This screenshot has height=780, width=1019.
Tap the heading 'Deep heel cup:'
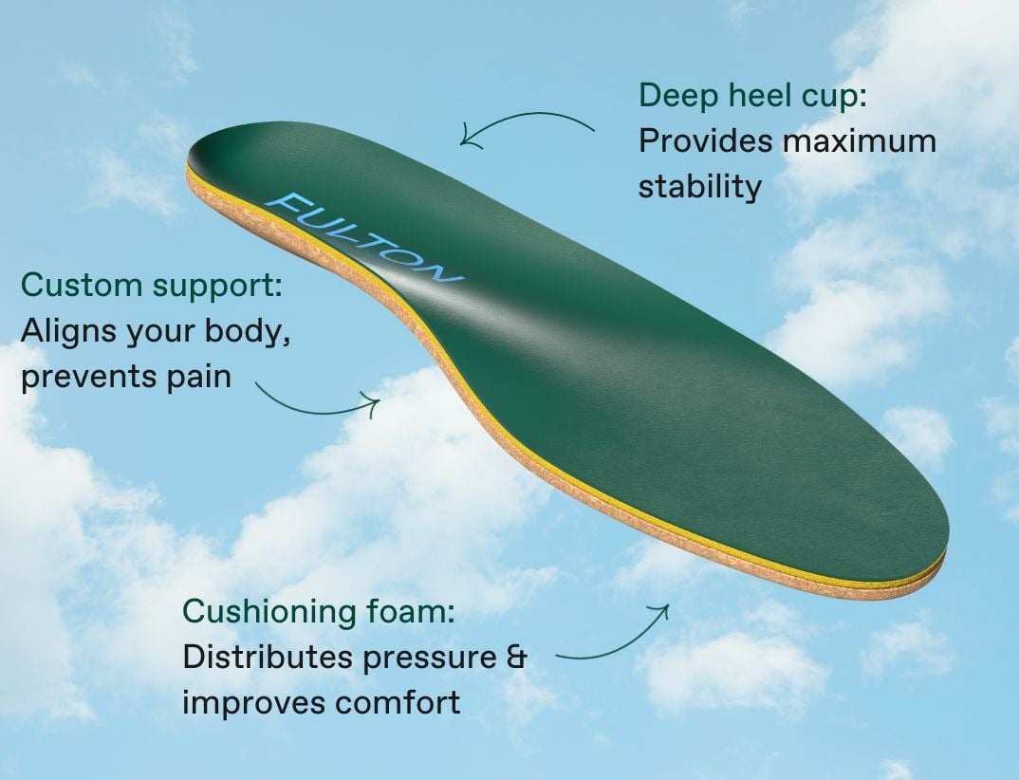pyautogui.click(x=752, y=96)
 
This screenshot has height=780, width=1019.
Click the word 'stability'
pyautogui.click(x=699, y=187)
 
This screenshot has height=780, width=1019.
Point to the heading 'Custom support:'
pyautogui.click(x=152, y=286)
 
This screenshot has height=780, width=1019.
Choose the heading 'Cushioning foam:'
pyautogui.click(x=319, y=611)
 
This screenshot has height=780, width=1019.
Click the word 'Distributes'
pyautogui.click(x=269, y=658)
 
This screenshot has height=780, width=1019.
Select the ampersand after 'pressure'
pyautogui.click(x=516, y=658)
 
